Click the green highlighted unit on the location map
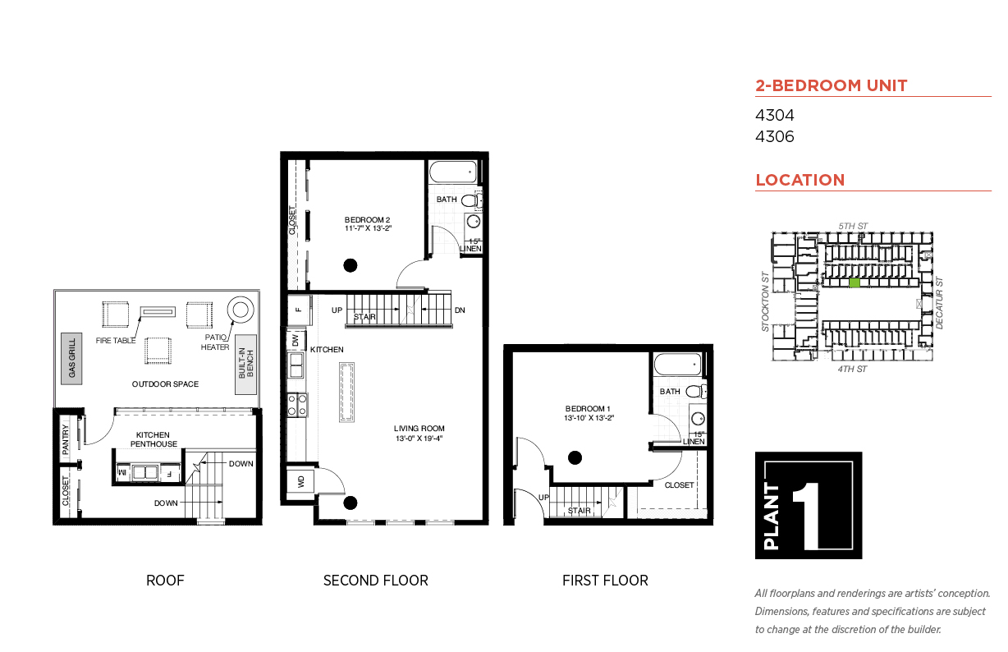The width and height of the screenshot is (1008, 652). pyautogui.click(x=855, y=282)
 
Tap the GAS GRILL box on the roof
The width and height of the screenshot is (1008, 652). pyautogui.click(x=71, y=359)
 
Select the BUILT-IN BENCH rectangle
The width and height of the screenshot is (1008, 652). pyautogui.click(x=245, y=365)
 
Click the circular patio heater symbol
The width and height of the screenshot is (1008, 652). pyautogui.click(x=241, y=310)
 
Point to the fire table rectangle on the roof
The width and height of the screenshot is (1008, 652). pyautogui.click(x=158, y=311)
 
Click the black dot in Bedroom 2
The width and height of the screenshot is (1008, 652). pyautogui.click(x=351, y=266)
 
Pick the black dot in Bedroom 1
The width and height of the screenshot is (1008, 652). pyautogui.click(x=575, y=458)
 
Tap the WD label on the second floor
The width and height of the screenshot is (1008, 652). pyautogui.click(x=301, y=482)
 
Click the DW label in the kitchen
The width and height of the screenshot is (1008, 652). pyautogui.click(x=296, y=340)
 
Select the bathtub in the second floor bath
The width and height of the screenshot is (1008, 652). pyautogui.click(x=453, y=172)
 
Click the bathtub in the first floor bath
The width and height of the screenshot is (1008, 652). pyautogui.click(x=677, y=365)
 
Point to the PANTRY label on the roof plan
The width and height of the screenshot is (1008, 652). pyautogui.click(x=66, y=439)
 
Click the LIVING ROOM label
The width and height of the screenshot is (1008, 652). pyautogui.click(x=419, y=429)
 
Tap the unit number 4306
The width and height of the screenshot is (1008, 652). pyautogui.click(x=774, y=136)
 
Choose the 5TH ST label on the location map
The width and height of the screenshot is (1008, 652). pyautogui.click(x=853, y=226)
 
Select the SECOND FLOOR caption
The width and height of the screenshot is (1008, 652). pyautogui.click(x=376, y=581)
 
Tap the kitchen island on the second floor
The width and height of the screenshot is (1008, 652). pyautogui.click(x=346, y=393)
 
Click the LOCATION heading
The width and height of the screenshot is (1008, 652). pyautogui.click(x=800, y=180)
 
